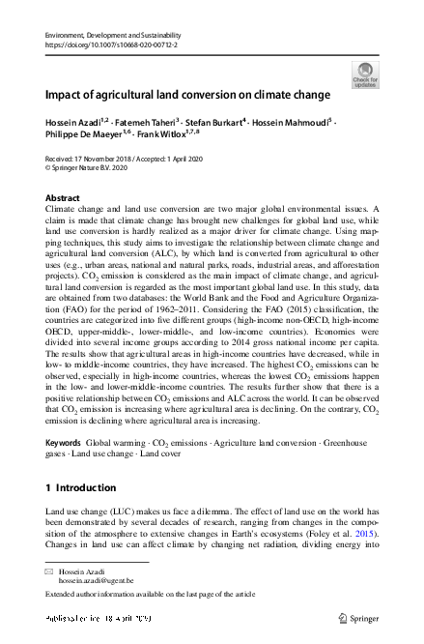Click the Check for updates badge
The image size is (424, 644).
click(365, 74)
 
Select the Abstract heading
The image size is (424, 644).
click(63, 197)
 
